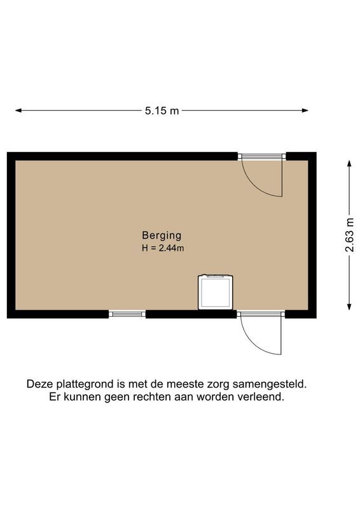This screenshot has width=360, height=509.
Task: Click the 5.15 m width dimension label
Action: (x=162, y=111)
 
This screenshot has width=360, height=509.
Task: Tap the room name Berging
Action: (x=162, y=235)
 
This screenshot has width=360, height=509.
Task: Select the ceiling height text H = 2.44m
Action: (x=163, y=248)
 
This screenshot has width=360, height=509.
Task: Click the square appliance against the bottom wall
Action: (x=216, y=292)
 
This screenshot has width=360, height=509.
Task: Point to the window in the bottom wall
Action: (x=127, y=314)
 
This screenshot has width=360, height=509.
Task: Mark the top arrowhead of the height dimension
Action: (x=350, y=163)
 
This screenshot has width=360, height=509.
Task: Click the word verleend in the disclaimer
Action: (x=262, y=396)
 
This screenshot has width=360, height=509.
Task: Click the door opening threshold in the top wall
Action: (x=261, y=156)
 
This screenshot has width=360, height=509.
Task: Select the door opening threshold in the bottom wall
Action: (x=261, y=314)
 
